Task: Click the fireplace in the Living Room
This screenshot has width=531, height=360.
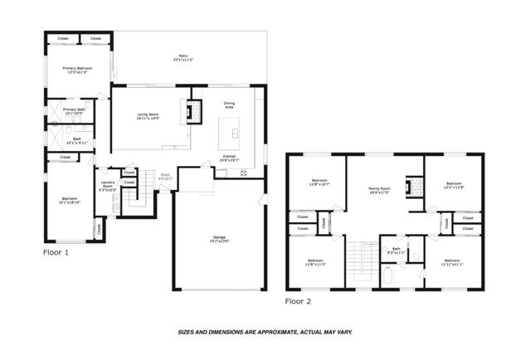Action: [194, 111]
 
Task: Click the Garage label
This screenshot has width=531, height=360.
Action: [219, 240]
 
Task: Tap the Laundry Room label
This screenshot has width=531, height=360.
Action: [107, 187]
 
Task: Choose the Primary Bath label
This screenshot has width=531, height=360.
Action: [75, 111]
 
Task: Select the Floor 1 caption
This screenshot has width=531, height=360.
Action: [56, 251]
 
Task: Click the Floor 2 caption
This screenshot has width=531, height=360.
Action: [299, 301]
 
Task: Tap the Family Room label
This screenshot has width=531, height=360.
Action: [379, 190]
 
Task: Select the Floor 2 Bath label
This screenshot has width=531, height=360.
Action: [397, 250]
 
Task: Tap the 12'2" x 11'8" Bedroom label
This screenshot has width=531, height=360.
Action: [453, 185]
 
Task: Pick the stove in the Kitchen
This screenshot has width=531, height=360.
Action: [243, 173]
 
